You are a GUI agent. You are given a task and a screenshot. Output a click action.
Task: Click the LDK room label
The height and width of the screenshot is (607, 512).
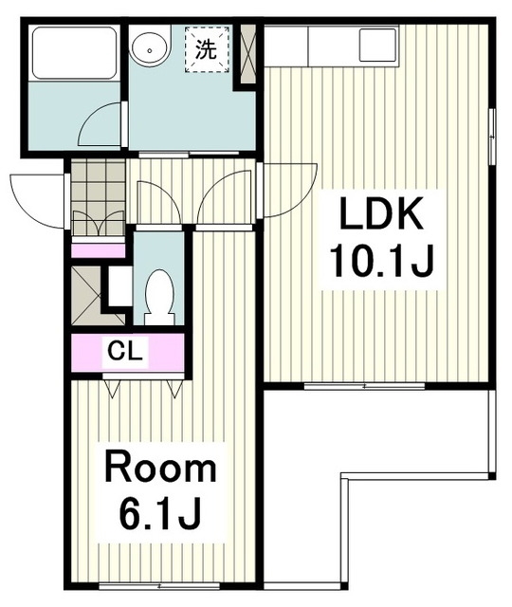381,212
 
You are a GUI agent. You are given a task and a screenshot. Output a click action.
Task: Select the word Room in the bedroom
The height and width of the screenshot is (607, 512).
160,469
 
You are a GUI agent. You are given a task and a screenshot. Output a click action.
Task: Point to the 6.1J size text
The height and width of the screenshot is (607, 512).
160,514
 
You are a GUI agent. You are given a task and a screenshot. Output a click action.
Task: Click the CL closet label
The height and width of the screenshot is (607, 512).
124,352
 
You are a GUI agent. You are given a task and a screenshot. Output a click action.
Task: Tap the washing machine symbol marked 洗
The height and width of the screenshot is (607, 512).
207,49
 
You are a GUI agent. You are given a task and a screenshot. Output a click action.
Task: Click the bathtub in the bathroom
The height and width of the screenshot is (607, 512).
74,53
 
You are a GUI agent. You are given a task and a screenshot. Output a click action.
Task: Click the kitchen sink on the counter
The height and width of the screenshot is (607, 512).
378,45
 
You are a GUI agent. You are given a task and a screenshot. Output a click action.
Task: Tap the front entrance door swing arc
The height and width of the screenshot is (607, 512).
37,201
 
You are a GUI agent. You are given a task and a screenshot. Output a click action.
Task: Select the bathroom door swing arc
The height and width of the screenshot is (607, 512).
100,124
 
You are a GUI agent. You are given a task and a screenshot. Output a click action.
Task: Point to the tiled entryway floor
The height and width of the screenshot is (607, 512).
99,197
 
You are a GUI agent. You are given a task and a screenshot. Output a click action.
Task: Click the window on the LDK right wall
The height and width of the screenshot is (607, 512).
492,137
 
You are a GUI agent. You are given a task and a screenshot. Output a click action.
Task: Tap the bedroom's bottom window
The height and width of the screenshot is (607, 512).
159,586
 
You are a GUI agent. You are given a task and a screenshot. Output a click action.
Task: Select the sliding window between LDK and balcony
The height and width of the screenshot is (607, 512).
364,386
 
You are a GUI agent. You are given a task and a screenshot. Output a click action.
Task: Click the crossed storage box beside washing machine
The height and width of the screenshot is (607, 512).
247,54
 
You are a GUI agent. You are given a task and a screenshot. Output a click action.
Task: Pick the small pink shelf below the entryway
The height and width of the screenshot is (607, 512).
99,250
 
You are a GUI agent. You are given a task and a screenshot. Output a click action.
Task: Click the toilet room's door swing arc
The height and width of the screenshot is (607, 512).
158,202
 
